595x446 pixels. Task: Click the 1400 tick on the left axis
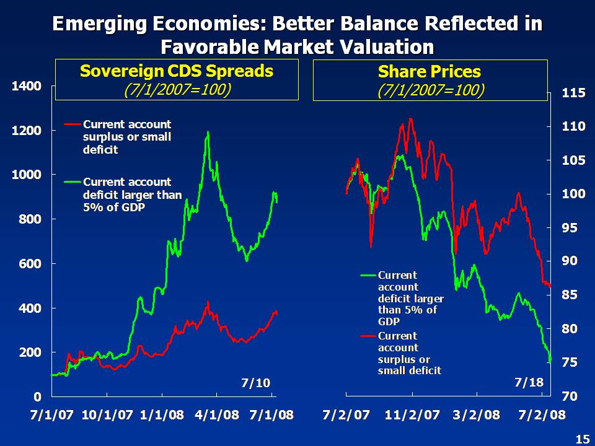tap(27, 86)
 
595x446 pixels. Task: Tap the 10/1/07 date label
tap(107, 414)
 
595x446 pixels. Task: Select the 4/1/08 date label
tap(218, 414)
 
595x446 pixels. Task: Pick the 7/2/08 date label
tap(542, 414)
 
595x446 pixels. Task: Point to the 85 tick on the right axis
tap(570, 295)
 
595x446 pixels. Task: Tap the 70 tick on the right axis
tap(570, 395)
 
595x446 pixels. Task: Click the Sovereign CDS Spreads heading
tap(177, 71)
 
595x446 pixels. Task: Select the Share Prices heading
tap(430, 72)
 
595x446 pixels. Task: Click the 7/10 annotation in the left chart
tap(255, 383)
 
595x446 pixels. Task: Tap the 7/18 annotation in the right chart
tap(529, 383)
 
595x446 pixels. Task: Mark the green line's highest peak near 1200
tap(208, 132)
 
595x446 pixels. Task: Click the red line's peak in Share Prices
tap(410, 118)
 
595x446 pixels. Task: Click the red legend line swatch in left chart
tap(73, 125)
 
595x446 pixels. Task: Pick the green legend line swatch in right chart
tap(368, 275)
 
